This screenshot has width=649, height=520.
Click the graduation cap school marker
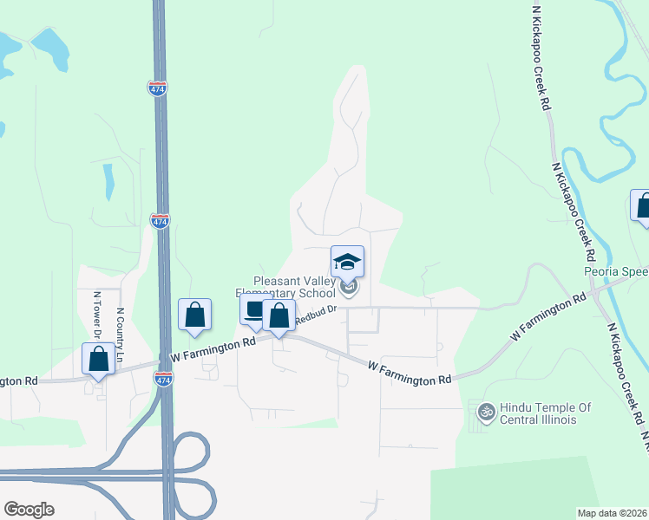(347, 263)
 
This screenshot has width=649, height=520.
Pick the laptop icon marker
(254, 311)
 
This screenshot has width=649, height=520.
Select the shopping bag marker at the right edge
(642, 206)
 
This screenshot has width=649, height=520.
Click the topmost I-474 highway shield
(158, 88)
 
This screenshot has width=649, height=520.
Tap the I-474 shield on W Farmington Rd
(162, 379)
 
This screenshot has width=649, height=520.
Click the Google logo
(29, 510)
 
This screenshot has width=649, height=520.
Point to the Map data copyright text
(611, 512)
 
